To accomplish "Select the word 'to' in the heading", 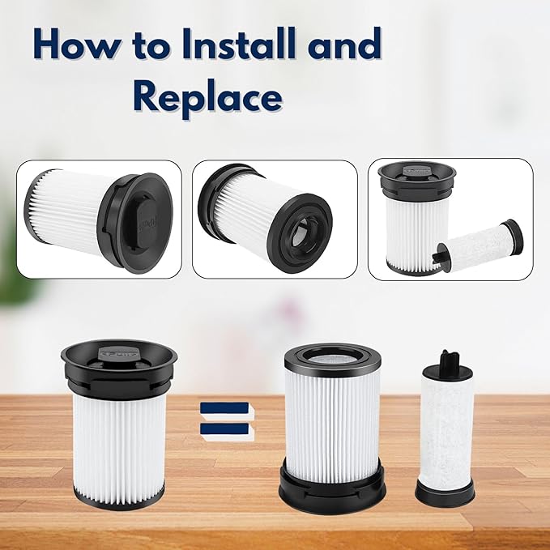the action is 152,45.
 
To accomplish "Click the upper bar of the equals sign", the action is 225,408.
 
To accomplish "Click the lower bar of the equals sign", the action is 225,429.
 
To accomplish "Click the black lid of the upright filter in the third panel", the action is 416,179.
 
